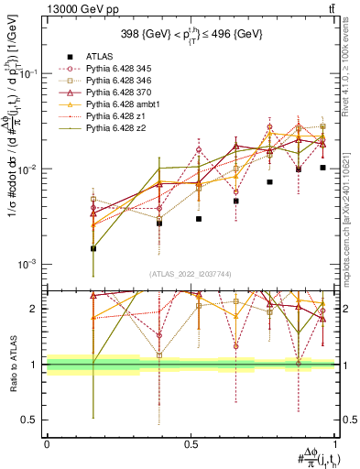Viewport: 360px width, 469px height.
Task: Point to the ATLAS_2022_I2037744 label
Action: click(x=191, y=274)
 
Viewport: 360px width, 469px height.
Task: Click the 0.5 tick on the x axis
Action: click(x=191, y=444)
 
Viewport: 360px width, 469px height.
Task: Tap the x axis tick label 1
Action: click(x=335, y=444)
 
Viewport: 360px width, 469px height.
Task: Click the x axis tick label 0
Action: click(x=47, y=444)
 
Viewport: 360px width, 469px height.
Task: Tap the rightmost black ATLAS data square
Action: click(x=323, y=168)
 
